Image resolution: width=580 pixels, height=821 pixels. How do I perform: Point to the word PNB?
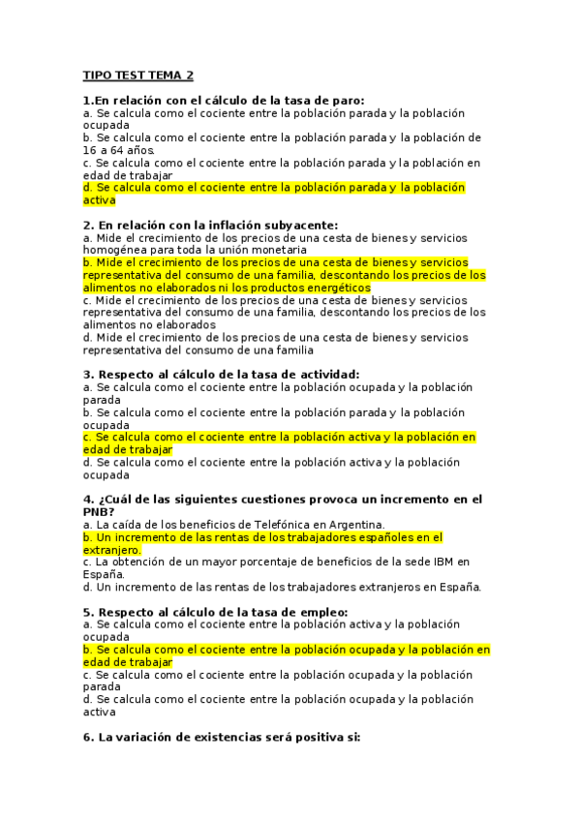pos(99,512)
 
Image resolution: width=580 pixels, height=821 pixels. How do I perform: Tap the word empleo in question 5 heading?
pos(316,612)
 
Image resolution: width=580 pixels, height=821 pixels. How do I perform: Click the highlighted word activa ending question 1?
pos(99,200)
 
